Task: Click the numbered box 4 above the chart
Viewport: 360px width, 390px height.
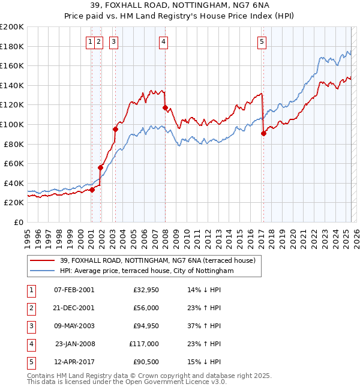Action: coord(163,41)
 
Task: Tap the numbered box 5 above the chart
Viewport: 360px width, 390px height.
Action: coord(262,41)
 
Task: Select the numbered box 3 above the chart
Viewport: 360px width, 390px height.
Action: coord(114,41)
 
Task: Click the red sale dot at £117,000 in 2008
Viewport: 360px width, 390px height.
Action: coord(165,107)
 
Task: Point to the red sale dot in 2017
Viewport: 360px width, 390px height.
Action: coord(263,133)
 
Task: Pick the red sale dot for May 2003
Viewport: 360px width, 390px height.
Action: coord(115,129)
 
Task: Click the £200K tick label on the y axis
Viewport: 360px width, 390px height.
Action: coord(12,27)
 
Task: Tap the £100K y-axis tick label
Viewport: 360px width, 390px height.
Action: coord(12,124)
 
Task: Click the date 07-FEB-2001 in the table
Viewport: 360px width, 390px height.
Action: coord(74,290)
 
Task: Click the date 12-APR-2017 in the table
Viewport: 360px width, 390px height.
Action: coord(74,362)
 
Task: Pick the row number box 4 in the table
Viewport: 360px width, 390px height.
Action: coord(31,344)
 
